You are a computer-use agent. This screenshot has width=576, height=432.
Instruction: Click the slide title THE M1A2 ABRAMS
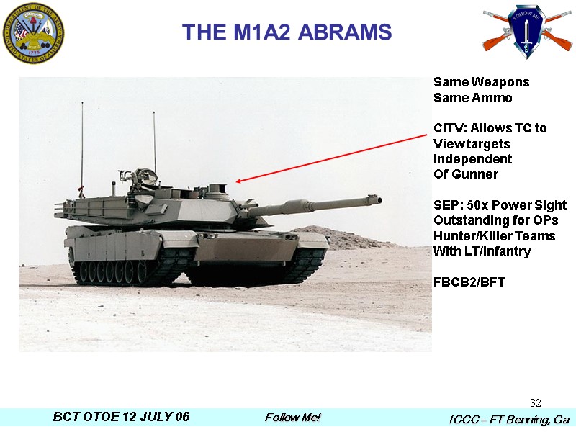click(x=287, y=32)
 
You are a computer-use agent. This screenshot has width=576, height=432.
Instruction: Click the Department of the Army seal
click(x=33, y=33)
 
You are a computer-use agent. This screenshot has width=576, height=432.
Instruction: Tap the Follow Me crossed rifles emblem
click(x=527, y=30)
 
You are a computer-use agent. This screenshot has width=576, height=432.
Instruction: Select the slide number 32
click(x=535, y=402)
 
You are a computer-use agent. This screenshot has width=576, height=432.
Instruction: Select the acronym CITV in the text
click(x=448, y=128)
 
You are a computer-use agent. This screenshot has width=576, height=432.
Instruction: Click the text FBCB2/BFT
click(x=469, y=282)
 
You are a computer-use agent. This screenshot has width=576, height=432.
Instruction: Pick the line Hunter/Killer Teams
click(x=494, y=236)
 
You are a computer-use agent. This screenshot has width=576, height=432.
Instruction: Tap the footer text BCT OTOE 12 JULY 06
click(x=122, y=418)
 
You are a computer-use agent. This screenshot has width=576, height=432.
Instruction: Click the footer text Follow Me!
click(x=292, y=418)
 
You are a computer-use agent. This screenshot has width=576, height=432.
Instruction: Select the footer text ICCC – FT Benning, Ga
click(x=509, y=419)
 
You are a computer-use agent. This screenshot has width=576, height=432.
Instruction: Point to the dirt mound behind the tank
click(x=338, y=236)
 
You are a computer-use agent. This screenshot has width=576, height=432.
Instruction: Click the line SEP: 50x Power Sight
click(x=500, y=205)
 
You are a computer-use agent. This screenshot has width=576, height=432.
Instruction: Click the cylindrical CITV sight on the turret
click(x=216, y=190)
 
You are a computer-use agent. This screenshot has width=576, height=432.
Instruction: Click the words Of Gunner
click(x=465, y=174)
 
